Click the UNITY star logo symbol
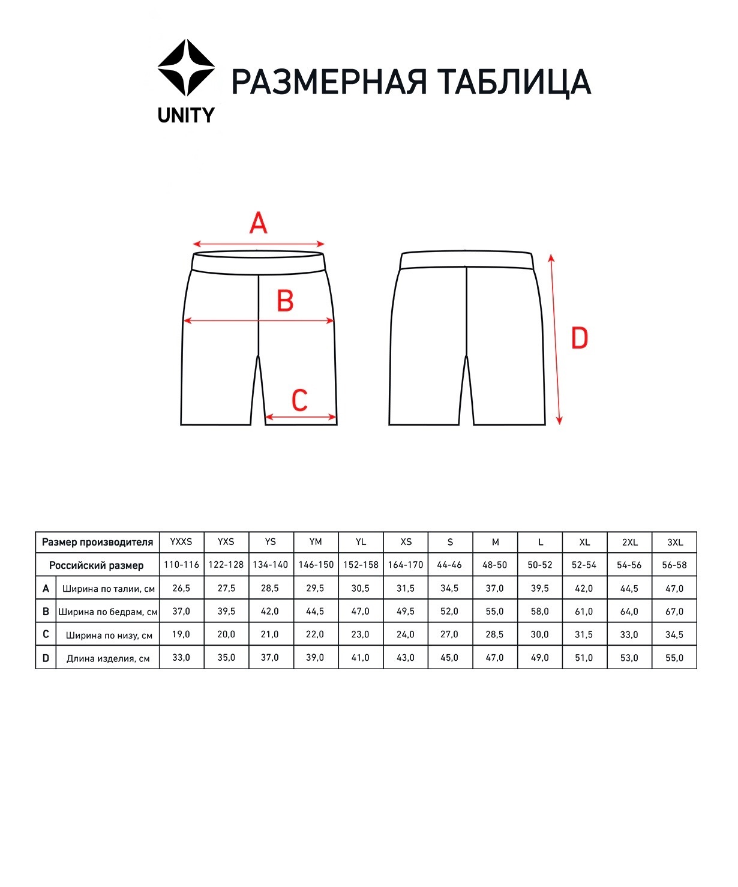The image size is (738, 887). (x=186, y=68)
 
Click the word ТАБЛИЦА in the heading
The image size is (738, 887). (x=514, y=82)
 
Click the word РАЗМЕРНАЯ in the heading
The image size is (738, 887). (x=329, y=82)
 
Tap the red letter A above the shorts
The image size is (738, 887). (x=258, y=224)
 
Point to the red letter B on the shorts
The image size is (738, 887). (x=285, y=301)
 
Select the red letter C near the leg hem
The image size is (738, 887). (x=299, y=400)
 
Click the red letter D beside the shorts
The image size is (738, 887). (x=579, y=339)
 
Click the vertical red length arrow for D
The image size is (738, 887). (x=556, y=339)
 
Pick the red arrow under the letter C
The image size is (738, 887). (x=301, y=417)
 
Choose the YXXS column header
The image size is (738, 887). (x=181, y=542)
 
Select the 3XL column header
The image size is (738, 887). (x=675, y=542)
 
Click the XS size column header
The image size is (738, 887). (x=406, y=542)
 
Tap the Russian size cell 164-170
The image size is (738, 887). (x=406, y=565)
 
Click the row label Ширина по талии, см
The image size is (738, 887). (x=109, y=589)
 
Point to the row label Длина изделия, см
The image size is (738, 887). (x=108, y=658)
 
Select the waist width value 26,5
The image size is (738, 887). (x=181, y=589)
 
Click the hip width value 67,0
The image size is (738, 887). (x=674, y=612)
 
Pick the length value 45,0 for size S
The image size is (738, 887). (x=449, y=658)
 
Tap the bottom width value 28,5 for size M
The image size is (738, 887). (x=494, y=635)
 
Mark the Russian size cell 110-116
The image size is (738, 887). (x=181, y=565)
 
